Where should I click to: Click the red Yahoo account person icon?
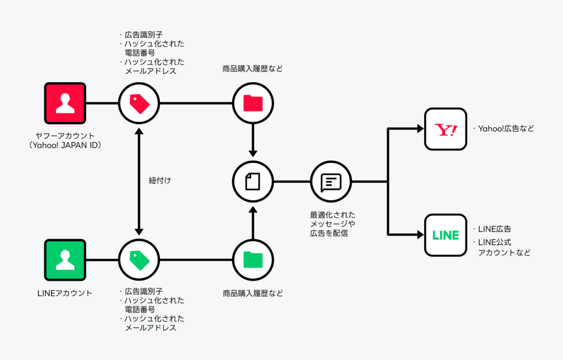[65, 103]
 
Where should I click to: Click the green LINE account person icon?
[65, 260]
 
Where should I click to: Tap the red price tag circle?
[138, 103]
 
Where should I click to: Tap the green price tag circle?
[138, 260]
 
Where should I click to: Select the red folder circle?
[253, 103]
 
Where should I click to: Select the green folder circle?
[253, 260]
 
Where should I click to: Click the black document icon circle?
[253, 181]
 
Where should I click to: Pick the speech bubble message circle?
[331, 181]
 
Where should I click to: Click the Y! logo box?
[445, 129]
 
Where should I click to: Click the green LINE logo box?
[445, 235]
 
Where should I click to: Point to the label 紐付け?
[160, 181]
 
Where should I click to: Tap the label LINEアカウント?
[65, 293]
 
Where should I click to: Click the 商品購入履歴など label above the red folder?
[253, 69]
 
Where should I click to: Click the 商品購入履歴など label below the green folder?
[253, 294]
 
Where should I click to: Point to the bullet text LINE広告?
[495, 229]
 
